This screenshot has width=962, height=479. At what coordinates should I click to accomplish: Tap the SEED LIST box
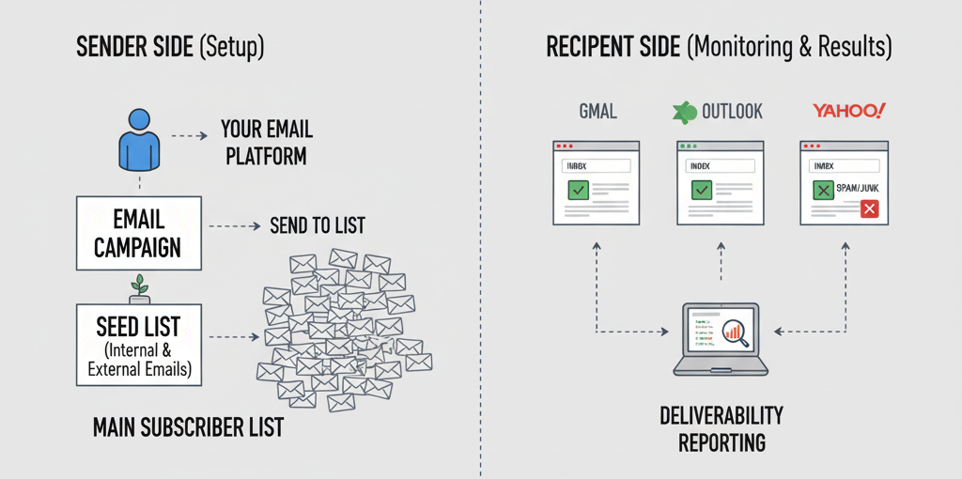[138, 345]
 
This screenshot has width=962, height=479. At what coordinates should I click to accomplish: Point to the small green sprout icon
[140, 285]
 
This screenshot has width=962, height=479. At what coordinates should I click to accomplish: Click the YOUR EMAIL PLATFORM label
[266, 141]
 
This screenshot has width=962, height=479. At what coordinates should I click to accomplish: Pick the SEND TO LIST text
[317, 225]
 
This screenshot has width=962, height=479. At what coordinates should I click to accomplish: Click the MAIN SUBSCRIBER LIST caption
[188, 427]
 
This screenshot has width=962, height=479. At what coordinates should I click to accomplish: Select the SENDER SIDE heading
[170, 47]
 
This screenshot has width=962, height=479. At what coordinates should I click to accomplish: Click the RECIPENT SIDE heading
[719, 47]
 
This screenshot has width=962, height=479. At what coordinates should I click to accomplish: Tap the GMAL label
[597, 112]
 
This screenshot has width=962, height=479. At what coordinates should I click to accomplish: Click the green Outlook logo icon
[684, 112]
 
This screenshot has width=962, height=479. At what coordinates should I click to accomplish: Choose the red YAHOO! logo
[848, 111]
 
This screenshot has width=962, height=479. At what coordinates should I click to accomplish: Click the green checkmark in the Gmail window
[578, 191]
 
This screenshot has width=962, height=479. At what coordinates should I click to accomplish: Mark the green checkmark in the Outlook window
[702, 191]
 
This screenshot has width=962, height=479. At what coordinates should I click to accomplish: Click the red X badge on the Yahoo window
[869, 210]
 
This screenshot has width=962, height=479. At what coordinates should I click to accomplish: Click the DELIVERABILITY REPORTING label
[721, 428]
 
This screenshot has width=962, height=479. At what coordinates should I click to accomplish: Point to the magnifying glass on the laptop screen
[736, 332]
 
